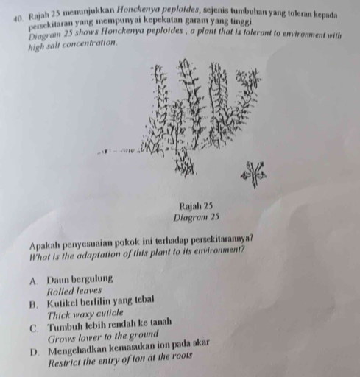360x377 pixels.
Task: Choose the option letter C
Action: tap(34, 328)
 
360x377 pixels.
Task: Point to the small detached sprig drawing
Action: tap(255, 174)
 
